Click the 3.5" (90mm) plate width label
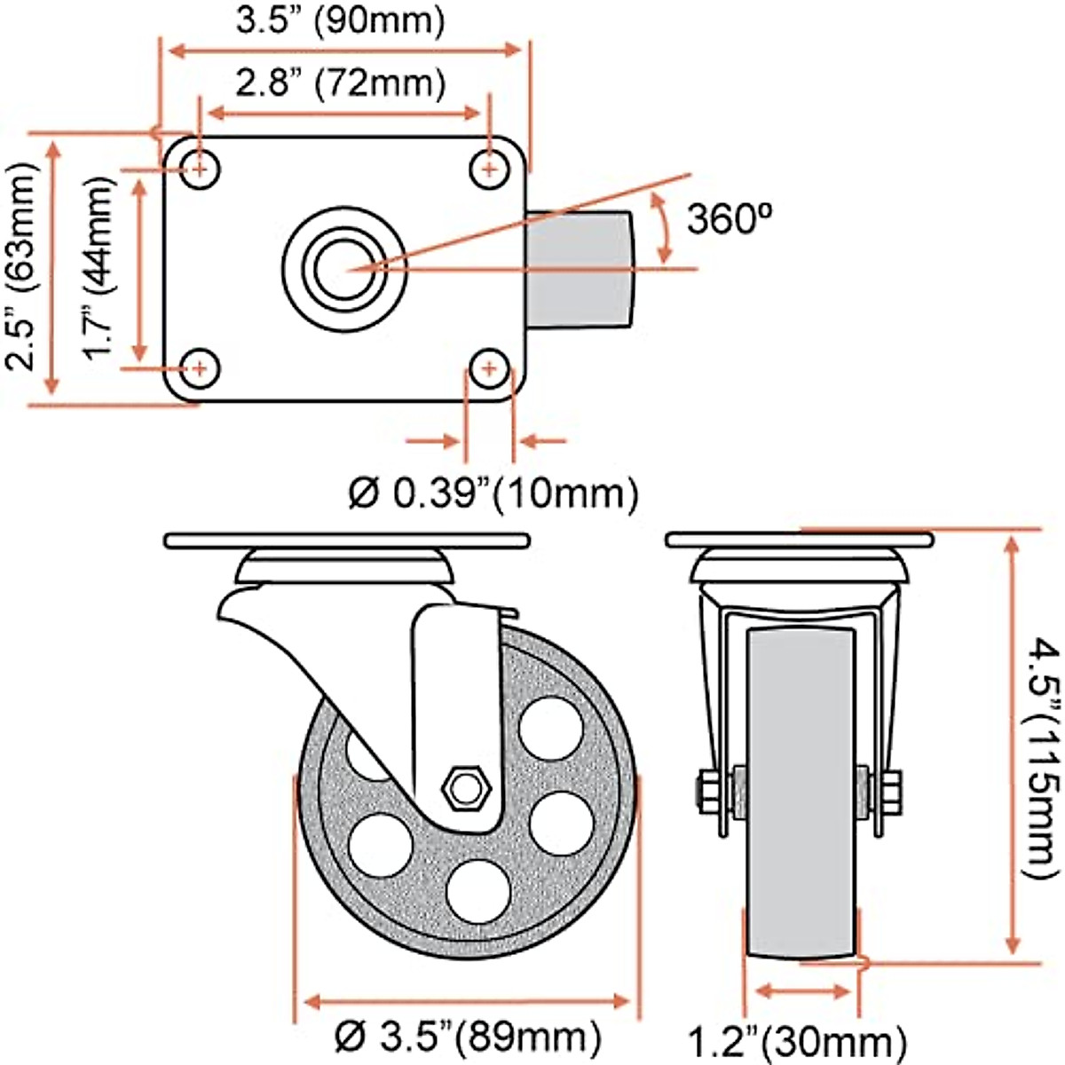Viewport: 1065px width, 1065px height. coord(340,21)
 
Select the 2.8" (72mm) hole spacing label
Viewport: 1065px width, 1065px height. coord(340,84)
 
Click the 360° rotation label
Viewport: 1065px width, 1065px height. coord(731,218)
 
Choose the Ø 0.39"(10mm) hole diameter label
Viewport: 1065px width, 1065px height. coord(493,493)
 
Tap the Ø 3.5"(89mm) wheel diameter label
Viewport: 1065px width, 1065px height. coord(468,1036)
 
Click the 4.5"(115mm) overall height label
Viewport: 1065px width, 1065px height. coord(1037,756)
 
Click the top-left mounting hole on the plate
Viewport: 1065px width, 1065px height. coord(201,167)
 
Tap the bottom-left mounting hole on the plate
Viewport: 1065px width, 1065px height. coord(201,367)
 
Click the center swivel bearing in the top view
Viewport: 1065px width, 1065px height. coord(344,266)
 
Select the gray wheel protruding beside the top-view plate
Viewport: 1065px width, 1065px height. coord(581,267)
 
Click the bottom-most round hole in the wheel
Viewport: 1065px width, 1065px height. coord(479,889)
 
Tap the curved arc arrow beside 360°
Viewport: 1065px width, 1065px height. coord(661,227)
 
